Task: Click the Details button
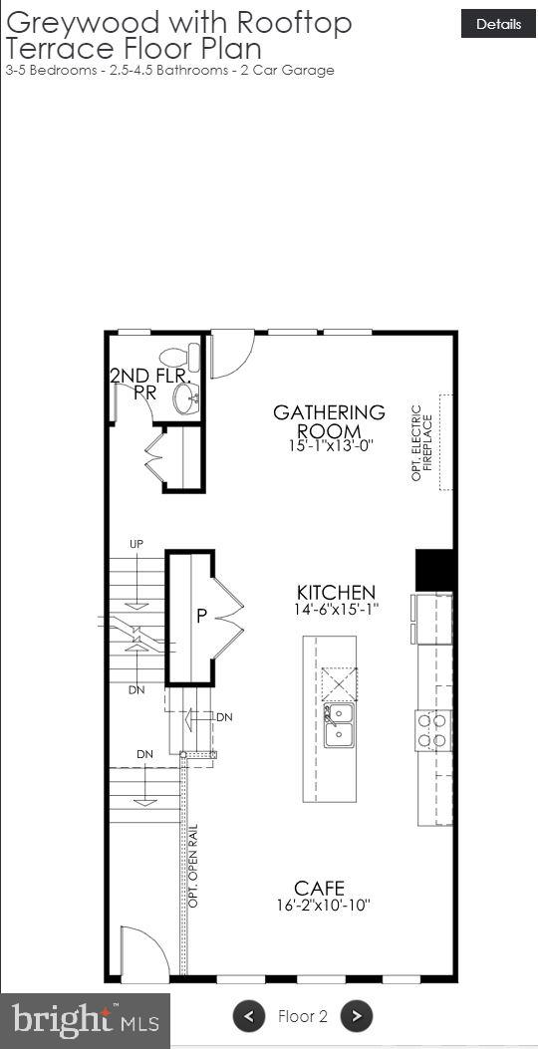498,24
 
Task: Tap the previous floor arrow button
249,1016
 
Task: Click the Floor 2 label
303,1016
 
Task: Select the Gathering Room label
329,420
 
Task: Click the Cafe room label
319,888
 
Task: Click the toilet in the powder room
180,357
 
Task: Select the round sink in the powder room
185,399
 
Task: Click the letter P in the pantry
201,617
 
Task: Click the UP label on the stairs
136,544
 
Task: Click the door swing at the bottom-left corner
139,952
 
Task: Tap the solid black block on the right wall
434,569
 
